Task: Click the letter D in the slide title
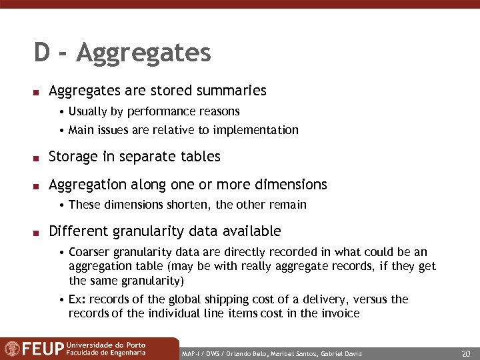tap(41, 53)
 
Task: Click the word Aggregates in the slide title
tap(143, 53)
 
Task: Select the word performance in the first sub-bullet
tap(158, 111)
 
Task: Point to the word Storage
tap(73, 157)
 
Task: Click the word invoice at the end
tap(341, 313)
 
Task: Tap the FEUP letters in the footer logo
tap(43, 349)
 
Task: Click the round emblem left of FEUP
tap(11, 349)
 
